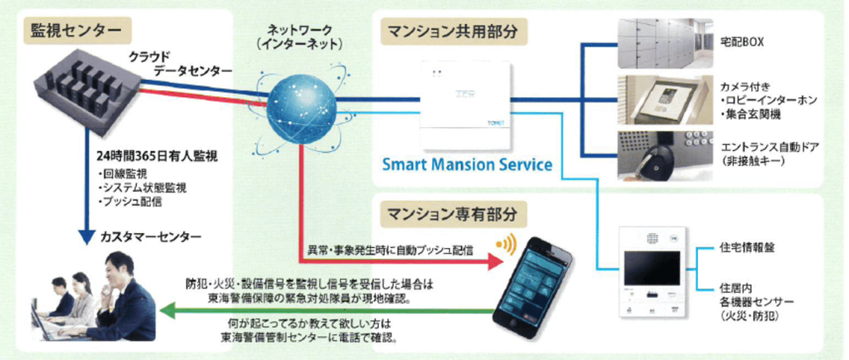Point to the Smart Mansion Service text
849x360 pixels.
468,164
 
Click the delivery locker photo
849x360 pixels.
663,39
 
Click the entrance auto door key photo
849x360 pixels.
663,155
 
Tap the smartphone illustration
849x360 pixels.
536,282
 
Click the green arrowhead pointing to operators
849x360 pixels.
165,313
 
